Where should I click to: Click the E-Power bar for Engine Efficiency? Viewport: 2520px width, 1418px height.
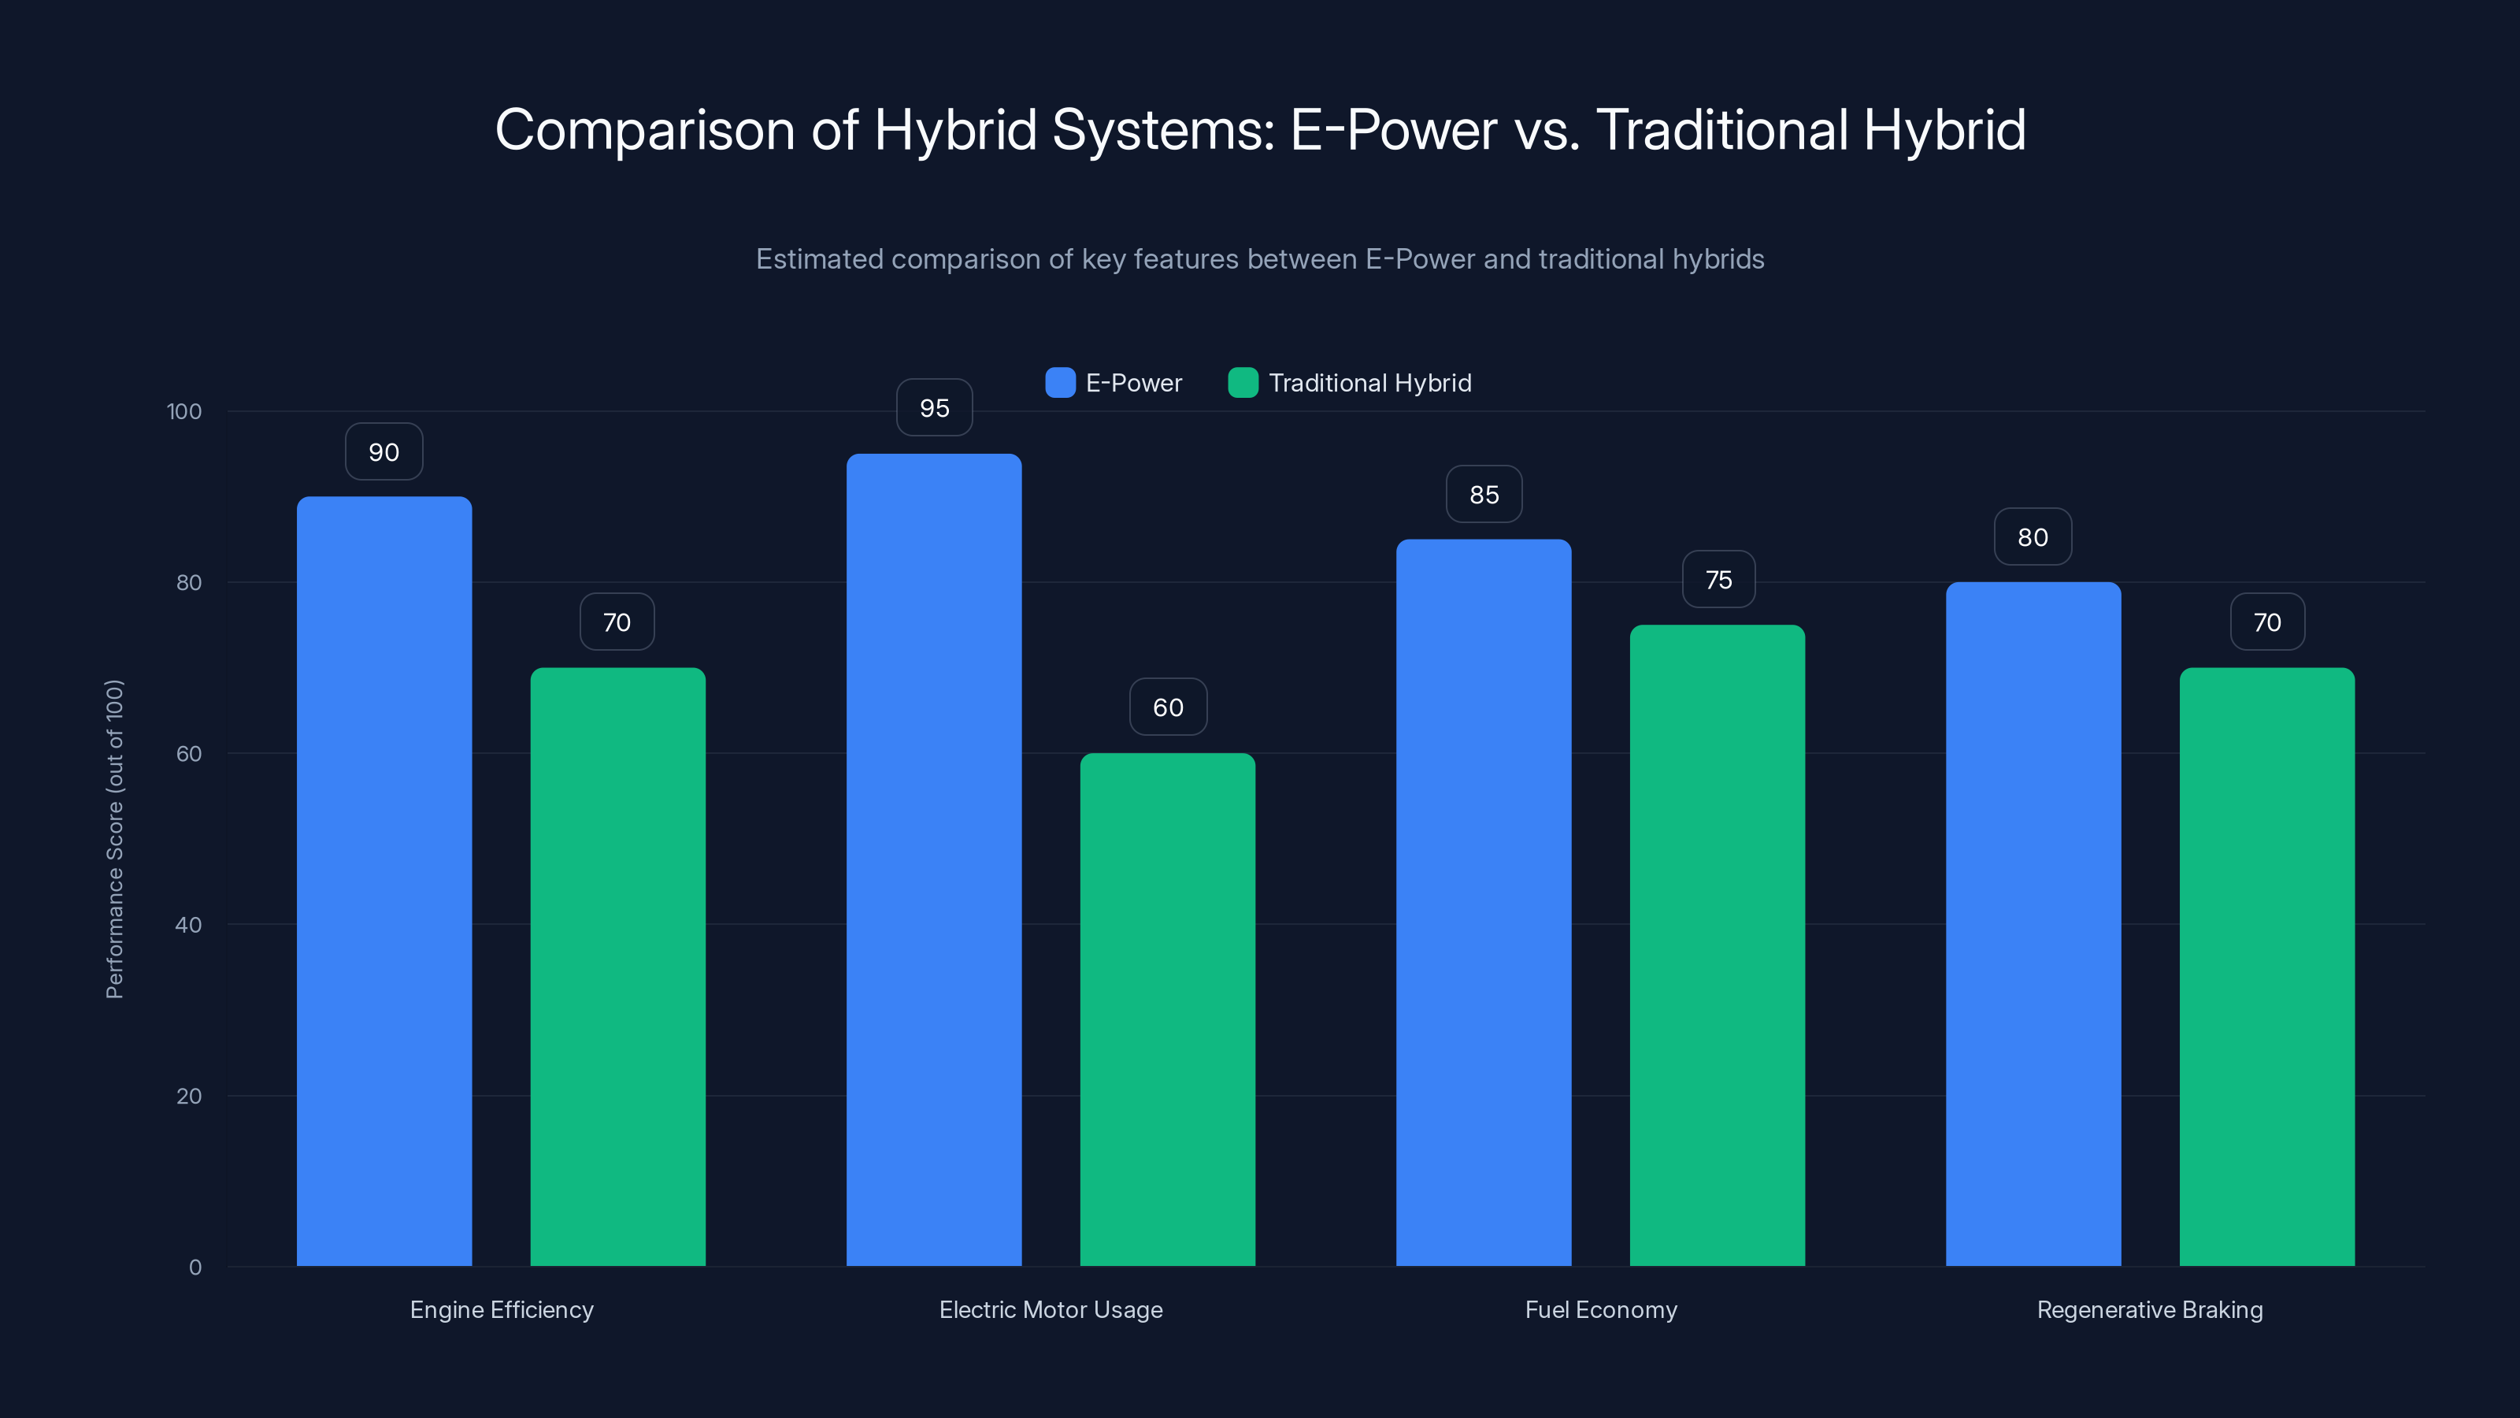click(384, 881)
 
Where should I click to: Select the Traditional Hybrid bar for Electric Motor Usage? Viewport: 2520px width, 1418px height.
click(1167, 1008)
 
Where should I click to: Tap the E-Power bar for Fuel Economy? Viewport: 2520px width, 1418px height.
click(1483, 900)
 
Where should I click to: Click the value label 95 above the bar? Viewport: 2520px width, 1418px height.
click(934, 407)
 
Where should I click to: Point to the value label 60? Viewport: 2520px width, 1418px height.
click(1168, 707)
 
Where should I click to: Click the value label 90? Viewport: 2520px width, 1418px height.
click(384, 451)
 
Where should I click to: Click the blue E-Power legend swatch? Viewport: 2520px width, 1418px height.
click(1059, 383)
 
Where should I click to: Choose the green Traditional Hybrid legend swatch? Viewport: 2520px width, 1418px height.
click(1243, 383)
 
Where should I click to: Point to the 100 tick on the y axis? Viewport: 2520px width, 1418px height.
click(184, 411)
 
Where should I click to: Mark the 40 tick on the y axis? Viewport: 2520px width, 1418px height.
click(188, 925)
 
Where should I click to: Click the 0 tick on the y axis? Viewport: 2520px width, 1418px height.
click(195, 1268)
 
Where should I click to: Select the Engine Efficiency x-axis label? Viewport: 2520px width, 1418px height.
click(501, 1309)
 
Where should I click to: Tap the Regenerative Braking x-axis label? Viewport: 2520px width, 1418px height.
click(2149, 1309)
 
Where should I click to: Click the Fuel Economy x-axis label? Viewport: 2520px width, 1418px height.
click(1600, 1309)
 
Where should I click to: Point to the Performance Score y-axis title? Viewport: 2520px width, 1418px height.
click(114, 839)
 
